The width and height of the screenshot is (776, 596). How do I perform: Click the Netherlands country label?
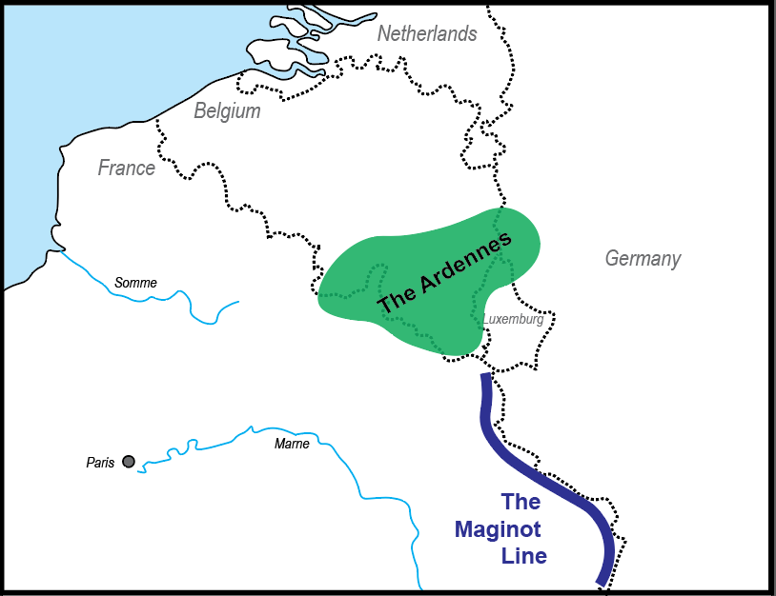click(x=427, y=34)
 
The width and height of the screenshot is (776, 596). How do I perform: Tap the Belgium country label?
click(x=227, y=111)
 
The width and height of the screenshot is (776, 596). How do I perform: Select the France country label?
click(x=126, y=169)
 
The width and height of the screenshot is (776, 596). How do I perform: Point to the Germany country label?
click(x=643, y=259)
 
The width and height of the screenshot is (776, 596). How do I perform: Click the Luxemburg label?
click(x=513, y=320)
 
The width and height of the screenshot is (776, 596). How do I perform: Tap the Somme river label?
click(x=135, y=283)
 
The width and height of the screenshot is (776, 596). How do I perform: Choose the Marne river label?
click(x=292, y=444)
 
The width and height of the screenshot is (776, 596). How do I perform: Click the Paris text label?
click(x=100, y=463)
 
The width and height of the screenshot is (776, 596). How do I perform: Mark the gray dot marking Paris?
click(x=129, y=462)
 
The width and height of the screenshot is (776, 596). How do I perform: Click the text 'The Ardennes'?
click(x=445, y=273)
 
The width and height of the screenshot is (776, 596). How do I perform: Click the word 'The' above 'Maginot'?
click(x=521, y=502)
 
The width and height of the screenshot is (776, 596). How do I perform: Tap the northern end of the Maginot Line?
click(x=485, y=377)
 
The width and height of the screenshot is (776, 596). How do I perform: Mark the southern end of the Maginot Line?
click(x=600, y=581)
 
